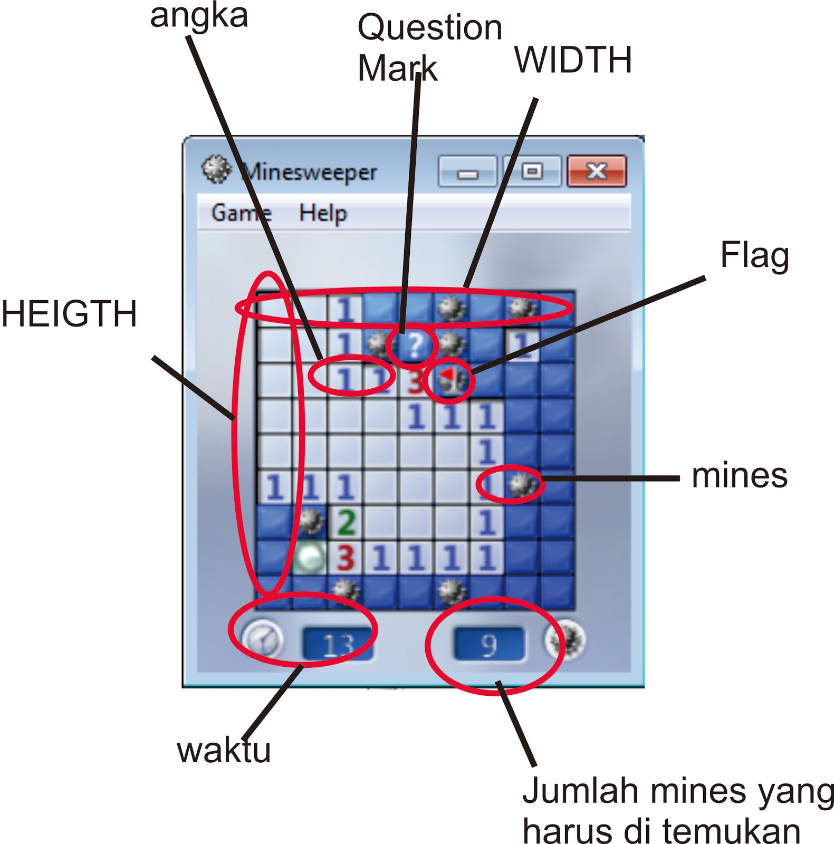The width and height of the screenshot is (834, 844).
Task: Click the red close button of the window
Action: (597, 171)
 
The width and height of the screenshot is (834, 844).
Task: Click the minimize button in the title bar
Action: (467, 172)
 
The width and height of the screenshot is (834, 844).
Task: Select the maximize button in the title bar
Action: (532, 171)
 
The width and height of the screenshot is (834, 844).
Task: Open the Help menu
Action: (323, 214)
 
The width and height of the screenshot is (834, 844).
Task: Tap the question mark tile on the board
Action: (415, 346)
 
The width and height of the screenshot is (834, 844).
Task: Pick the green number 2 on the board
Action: (346, 522)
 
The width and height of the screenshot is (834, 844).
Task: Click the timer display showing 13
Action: (337, 644)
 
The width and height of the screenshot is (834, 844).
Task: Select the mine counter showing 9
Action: (489, 644)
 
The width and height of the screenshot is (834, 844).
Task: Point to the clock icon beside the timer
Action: (262, 639)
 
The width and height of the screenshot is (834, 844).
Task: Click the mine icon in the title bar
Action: (216, 170)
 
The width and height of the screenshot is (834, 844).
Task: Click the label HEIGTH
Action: (69, 313)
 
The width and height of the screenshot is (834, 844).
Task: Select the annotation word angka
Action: (199, 16)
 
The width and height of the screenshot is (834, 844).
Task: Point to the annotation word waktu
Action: (224, 750)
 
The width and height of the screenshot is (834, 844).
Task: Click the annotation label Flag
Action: (754, 255)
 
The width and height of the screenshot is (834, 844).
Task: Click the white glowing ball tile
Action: (310, 557)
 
